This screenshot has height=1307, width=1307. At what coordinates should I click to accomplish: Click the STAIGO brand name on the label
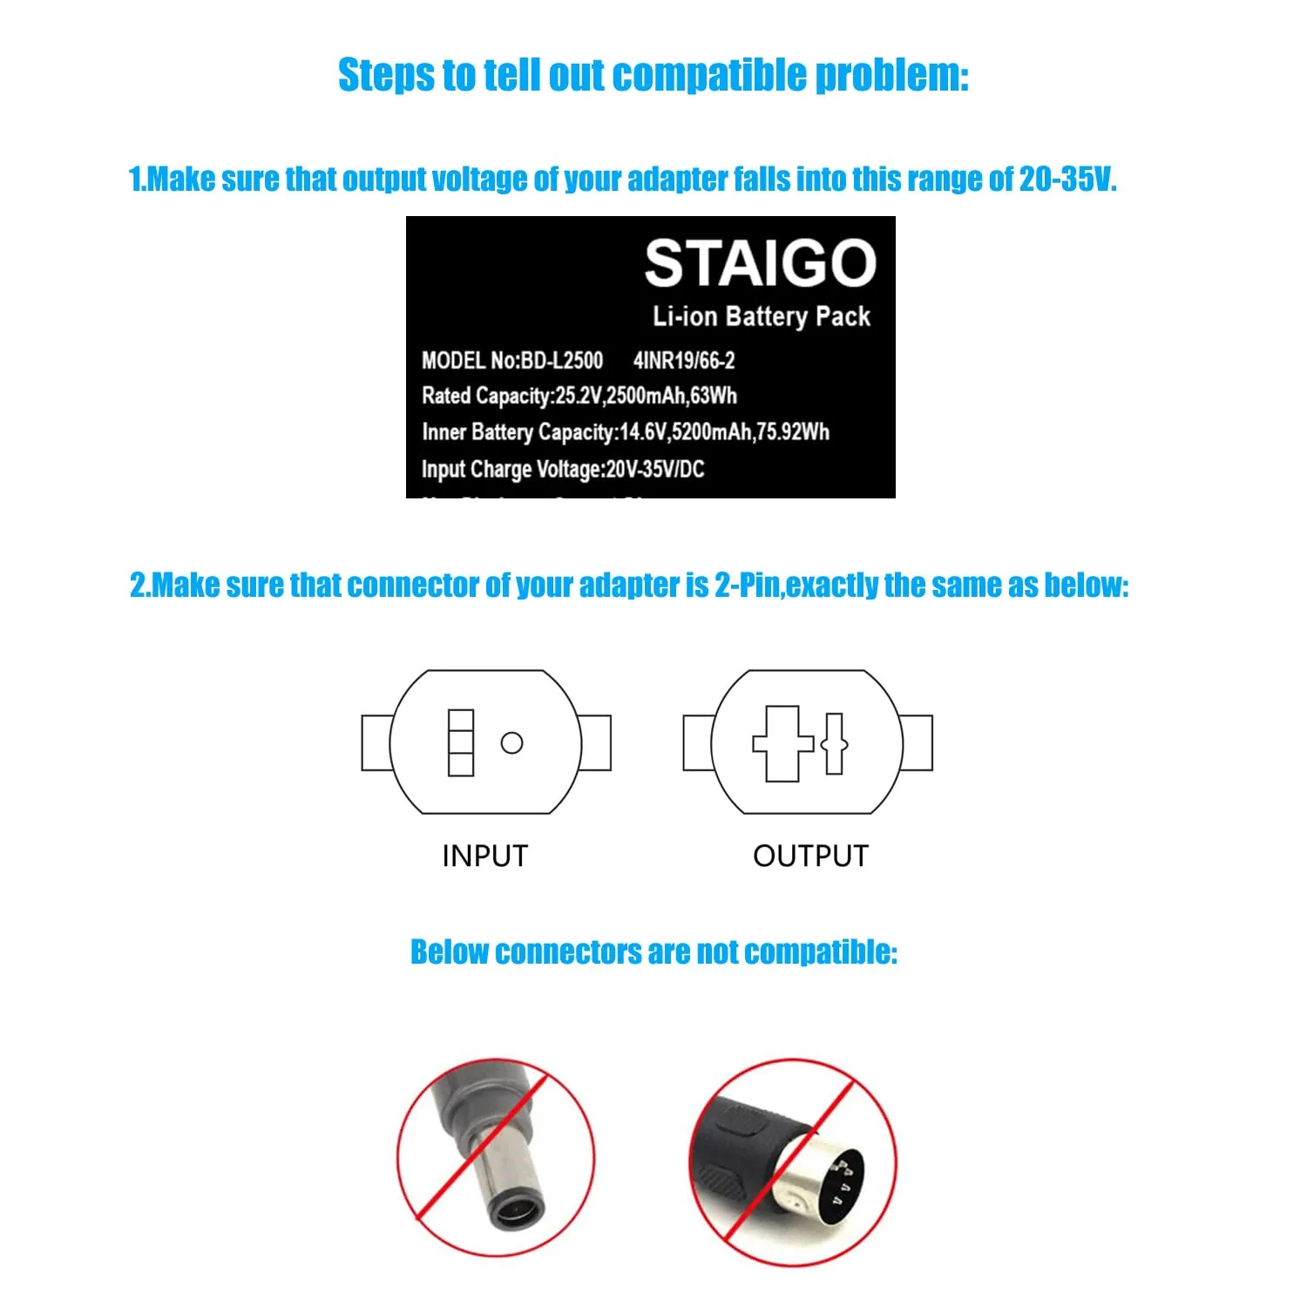[x=760, y=263]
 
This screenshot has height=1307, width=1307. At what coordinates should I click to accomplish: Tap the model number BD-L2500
[x=562, y=361]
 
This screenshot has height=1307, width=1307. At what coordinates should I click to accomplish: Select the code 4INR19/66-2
[x=684, y=361]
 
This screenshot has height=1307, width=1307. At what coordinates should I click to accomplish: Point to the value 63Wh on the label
[x=714, y=396]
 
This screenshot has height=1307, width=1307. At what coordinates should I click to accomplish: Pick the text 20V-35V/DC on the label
[x=655, y=469]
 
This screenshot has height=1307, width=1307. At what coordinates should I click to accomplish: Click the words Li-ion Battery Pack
[x=762, y=316]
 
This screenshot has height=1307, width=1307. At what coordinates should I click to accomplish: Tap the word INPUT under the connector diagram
[x=484, y=856]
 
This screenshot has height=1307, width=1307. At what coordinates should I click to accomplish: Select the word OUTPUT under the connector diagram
[x=810, y=856]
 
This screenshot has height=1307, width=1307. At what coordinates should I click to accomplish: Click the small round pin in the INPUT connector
[x=511, y=742]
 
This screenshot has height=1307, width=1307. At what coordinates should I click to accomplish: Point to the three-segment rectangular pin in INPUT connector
[x=461, y=742]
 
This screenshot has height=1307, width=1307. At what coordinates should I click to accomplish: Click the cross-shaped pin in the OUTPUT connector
[x=782, y=743]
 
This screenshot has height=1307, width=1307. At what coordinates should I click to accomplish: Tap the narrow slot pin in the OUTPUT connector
[x=834, y=743]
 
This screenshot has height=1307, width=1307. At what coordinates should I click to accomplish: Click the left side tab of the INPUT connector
[x=376, y=742]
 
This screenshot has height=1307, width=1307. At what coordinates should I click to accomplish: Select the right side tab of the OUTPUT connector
[x=918, y=742]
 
